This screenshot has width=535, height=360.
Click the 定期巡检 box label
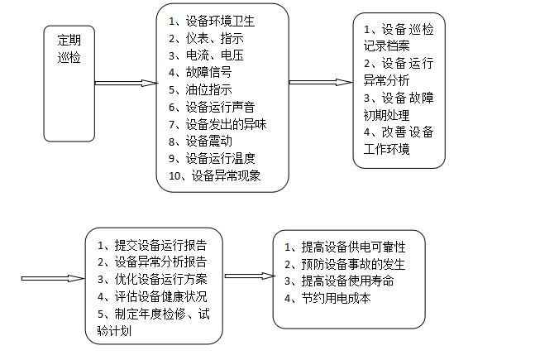[x=69, y=49]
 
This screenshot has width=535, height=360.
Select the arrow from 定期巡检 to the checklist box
[x=126, y=83]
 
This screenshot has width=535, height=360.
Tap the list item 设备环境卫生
[x=220, y=22]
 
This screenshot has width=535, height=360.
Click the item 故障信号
[x=209, y=72]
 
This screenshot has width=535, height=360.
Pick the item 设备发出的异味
[x=226, y=124]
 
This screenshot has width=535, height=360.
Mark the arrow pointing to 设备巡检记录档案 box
[x=321, y=82]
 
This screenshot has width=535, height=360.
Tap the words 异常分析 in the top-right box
[x=386, y=80]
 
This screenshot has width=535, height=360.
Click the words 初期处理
[x=386, y=115]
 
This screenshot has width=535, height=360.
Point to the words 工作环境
[x=386, y=149]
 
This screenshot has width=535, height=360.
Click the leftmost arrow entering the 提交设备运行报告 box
[x=53, y=278]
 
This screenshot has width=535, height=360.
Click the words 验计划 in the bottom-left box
[x=114, y=331]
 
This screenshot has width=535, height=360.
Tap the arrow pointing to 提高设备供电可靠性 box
[x=250, y=276]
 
